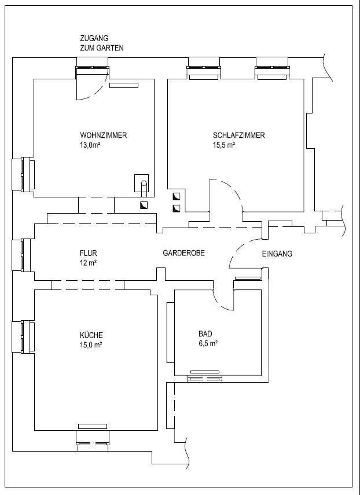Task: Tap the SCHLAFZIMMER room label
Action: coord(239,135)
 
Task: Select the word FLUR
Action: coord(88,254)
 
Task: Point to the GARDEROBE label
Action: coord(184,254)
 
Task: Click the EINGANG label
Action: coord(277,254)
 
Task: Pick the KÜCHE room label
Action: coord(90,335)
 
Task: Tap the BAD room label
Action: coord(205,335)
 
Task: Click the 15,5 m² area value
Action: coord(224,145)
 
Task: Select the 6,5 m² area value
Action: coord(208,344)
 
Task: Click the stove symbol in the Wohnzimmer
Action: coord(142,183)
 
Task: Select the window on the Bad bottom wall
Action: coord(205,377)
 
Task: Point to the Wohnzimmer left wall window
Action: coord(23,174)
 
